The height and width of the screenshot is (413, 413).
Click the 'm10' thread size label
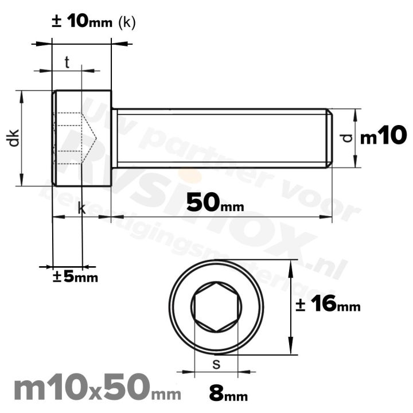pos(383,137)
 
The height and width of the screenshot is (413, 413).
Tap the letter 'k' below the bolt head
pos(81,209)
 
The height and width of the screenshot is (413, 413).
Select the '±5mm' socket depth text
pos(75,277)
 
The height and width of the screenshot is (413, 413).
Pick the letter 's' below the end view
pos(216,363)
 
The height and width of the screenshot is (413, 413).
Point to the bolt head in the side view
pos(81,138)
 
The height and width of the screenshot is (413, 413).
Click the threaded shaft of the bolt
pos(221,138)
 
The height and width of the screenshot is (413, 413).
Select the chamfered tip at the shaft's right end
pos(329,138)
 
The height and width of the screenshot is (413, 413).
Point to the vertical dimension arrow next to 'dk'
pos(23,138)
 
